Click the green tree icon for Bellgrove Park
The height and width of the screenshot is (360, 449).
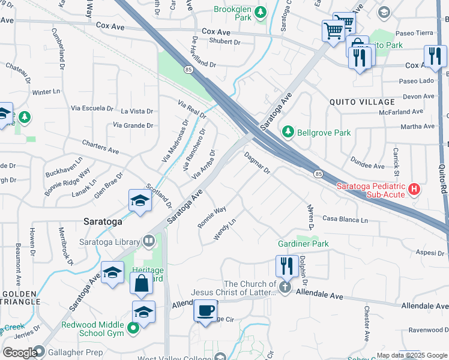pyautogui.click(x=289, y=131)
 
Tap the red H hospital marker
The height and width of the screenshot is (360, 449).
pyautogui.click(x=414, y=190)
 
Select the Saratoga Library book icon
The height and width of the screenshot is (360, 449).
pyautogui.click(x=149, y=241)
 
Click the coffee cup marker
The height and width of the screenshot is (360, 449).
pyautogui.click(x=205, y=310)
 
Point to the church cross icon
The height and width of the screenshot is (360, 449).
pyautogui.click(x=285, y=288)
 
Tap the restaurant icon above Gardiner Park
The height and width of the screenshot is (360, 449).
pyautogui.click(x=287, y=265)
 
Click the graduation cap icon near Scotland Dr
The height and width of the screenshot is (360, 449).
pyautogui.click(x=139, y=201)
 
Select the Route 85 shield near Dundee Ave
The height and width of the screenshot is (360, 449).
pyautogui.click(x=318, y=173)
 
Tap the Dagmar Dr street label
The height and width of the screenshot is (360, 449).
pyautogui.click(x=258, y=163)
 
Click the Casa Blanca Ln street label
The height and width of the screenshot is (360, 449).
pyautogui.click(x=346, y=220)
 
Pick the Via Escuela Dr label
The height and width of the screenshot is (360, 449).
pyautogui.click(x=92, y=109)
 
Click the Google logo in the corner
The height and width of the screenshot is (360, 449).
pyautogui.click(x=19, y=352)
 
